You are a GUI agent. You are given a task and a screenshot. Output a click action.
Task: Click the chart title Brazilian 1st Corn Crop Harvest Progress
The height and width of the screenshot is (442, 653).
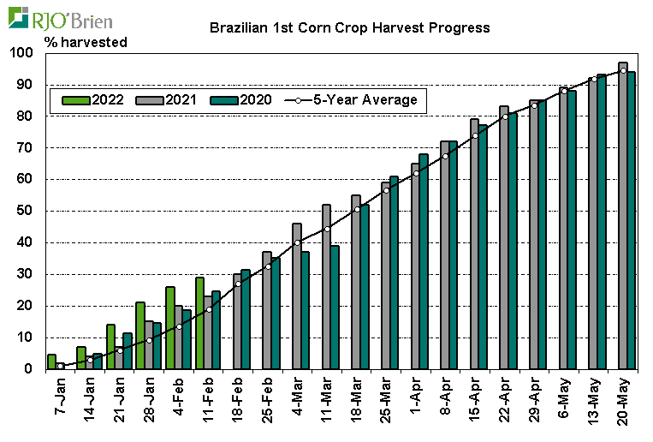click(349, 27)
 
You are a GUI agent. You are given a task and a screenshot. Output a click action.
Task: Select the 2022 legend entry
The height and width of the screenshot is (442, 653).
click(94, 99)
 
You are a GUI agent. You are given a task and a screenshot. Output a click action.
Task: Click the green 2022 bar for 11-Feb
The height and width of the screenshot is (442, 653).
click(199, 323)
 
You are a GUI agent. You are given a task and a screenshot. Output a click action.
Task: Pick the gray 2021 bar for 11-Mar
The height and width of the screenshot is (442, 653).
click(326, 287)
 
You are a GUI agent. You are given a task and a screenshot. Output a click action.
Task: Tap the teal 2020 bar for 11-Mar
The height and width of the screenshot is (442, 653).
click(335, 308)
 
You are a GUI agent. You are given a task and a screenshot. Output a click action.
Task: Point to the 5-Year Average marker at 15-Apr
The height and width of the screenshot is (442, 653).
click(475, 135)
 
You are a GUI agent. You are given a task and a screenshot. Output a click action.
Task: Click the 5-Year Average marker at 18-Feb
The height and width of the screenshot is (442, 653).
click(238, 284)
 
